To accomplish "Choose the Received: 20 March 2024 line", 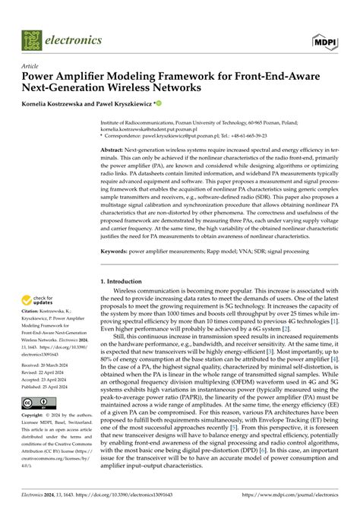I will [50, 365].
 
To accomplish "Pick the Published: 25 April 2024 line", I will [50, 387].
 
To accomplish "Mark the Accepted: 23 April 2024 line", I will [50, 379].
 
